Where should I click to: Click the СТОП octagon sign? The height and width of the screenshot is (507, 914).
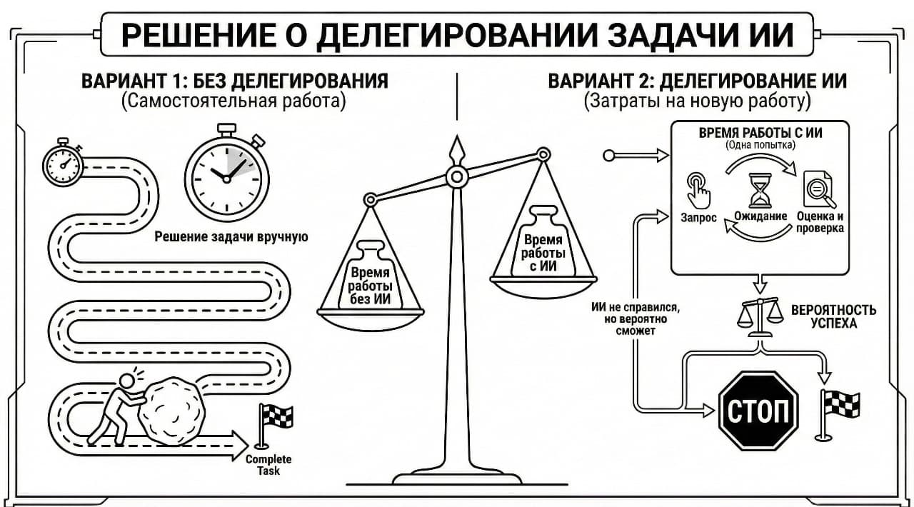tap(758, 411)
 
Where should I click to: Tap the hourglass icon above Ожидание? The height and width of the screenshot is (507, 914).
tap(760, 189)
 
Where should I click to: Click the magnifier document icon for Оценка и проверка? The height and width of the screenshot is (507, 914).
tap(815, 189)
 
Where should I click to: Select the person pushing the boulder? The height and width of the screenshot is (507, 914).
tap(114, 407)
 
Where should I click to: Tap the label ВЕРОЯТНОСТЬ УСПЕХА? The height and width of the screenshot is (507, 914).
tap(833, 317)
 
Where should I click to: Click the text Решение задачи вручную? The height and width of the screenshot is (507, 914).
tap(231, 236)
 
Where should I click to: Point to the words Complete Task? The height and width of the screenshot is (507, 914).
tap(268, 465)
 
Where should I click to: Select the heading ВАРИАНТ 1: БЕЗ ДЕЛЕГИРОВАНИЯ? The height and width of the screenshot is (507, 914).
tap(235, 80)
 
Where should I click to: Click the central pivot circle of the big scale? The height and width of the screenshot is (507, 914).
tap(456, 175)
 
